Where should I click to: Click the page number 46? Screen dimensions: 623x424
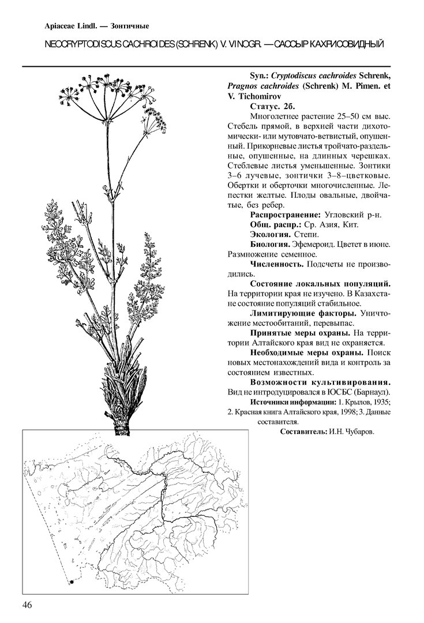click(28, 605)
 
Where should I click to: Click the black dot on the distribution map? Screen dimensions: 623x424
click(73, 583)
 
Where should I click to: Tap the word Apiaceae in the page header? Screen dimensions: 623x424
click(62, 25)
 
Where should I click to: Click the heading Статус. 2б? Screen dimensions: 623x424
click(273, 106)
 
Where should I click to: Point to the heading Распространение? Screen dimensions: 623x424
click(285, 215)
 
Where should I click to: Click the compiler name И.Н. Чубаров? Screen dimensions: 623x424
click(350, 432)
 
